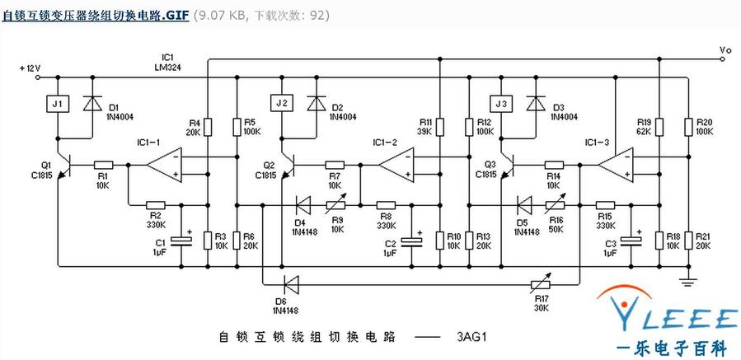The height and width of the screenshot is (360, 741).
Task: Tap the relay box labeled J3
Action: coord(500,104)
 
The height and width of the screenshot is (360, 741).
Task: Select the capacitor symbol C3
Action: coord(631,241)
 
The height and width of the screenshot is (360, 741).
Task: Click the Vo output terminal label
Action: coord(725,51)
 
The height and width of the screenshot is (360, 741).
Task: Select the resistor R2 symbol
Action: coord(155,205)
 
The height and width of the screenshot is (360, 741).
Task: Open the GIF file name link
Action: coord(95,14)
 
